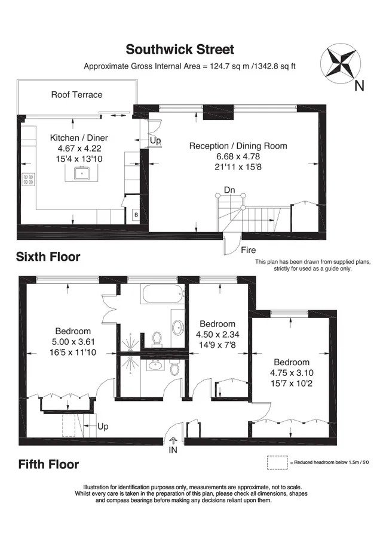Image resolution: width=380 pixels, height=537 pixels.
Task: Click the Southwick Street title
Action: pos(180,50)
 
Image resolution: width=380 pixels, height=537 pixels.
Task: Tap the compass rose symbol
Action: pos(340,63)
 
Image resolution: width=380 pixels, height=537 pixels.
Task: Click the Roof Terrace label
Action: pos(77,94)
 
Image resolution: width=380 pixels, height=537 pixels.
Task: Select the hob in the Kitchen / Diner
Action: pos(28,179)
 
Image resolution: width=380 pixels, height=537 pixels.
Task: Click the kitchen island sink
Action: pos(82,173)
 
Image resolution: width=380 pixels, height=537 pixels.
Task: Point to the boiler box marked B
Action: pos(136,215)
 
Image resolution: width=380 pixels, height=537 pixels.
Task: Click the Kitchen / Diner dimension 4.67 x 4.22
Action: pos(79,149)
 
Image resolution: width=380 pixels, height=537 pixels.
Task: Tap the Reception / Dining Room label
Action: pos(238,146)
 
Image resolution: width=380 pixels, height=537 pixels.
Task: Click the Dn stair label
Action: pos(229,190)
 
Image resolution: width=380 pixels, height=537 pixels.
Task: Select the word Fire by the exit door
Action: pos(249,250)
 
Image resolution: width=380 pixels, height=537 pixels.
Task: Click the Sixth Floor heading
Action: pos(48,257)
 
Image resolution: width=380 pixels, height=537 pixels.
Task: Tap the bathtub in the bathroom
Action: pos(161,294)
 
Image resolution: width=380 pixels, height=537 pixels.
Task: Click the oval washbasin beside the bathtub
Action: pos(178,328)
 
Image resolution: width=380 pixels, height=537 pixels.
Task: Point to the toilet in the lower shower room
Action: pos(175,369)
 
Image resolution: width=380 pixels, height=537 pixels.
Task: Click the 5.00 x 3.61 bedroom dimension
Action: pos(73,342)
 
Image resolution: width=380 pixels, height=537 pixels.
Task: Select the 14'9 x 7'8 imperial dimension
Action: pos(217,344)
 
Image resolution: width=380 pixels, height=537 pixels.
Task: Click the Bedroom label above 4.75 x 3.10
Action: pos(292,362)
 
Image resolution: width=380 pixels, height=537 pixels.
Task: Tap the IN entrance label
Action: pos(173,450)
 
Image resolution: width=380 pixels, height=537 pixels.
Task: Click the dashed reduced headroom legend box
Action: pos(277,462)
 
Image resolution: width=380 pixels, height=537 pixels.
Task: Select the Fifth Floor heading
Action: pos(49,464)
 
